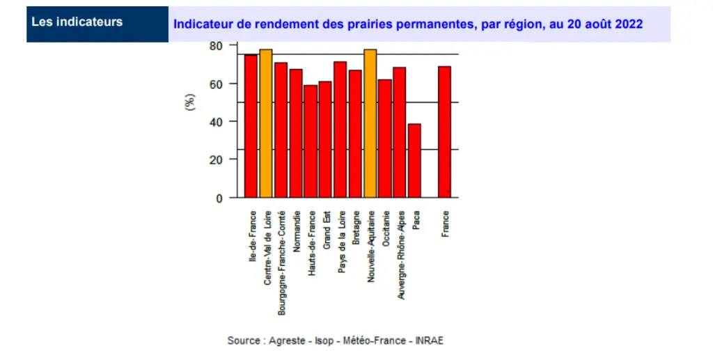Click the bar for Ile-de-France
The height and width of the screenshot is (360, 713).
tap(251, 126)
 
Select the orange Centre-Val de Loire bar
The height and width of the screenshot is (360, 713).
tap(266, 124)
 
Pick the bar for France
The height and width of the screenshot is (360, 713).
tap(444, 132)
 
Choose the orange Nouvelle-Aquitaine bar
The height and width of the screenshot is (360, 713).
tap(370, 124)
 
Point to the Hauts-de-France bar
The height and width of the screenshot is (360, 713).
tap(311, 141)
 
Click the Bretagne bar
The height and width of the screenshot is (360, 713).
tap(355, 134)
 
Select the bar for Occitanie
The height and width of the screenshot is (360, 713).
tap(384, 139)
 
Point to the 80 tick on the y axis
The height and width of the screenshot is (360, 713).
tap(216, 46)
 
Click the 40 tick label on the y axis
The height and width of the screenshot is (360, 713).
tap(216, 122)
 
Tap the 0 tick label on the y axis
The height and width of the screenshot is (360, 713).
tap(219, 198)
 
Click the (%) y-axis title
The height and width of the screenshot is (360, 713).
tap(189, 102)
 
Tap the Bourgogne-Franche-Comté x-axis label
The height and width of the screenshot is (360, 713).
tap(281, 263)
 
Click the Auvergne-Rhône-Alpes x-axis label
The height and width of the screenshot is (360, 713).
tap(400, 255)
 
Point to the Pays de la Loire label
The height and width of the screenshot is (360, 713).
tap(341, 242)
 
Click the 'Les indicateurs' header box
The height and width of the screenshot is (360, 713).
tap(97, 24)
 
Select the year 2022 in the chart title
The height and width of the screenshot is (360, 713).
tap(629, 24)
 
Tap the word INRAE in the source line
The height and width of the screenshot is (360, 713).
tap(429, 341)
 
